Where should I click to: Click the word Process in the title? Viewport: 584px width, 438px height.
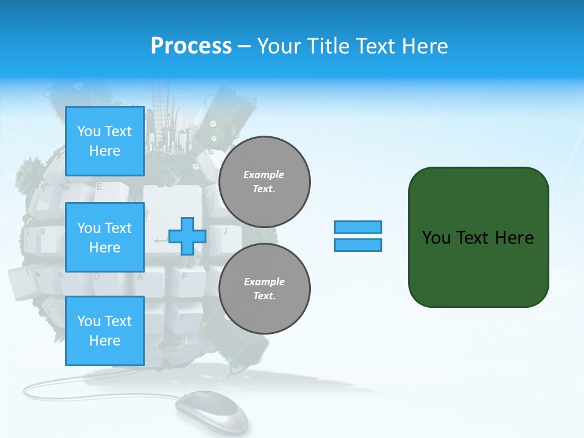191,46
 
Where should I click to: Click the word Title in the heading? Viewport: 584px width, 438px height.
328,46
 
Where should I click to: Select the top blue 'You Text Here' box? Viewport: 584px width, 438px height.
105,141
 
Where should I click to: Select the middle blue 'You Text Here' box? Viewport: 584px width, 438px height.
105,237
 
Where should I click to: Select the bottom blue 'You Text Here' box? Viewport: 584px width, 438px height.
105,331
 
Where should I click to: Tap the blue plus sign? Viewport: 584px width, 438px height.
187,237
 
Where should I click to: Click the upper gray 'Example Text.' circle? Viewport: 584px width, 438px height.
264,182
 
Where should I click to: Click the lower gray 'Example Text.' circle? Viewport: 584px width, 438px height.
264,289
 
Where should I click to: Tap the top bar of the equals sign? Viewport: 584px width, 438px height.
358,227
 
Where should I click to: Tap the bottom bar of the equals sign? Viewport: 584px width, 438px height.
358,245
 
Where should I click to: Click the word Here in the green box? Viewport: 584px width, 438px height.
515,238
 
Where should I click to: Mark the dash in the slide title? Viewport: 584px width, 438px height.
245,46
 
